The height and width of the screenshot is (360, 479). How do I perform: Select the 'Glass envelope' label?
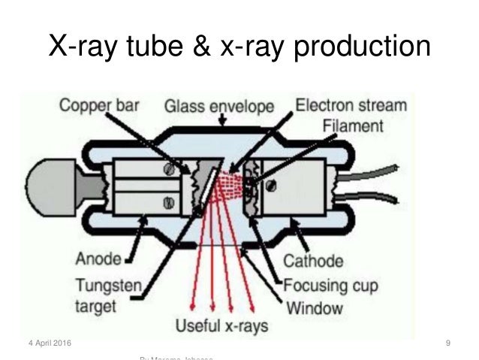tap(219, 107)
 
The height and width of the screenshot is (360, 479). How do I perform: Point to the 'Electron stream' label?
tap(352, 106)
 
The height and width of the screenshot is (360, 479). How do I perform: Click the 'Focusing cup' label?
tap(330, 285)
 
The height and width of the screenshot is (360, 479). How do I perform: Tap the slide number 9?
tap(447, 343)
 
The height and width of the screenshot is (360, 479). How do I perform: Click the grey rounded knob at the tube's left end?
tap(49, 185)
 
